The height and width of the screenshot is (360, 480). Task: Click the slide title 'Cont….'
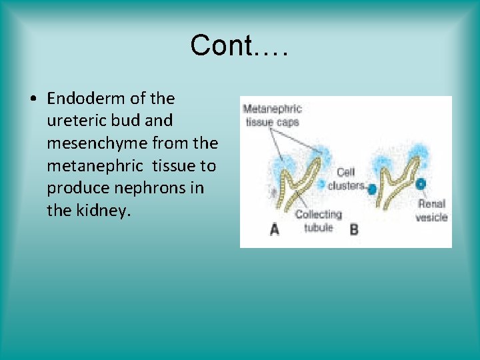(239, 46)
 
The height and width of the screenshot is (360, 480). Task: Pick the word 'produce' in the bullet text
(74, 187)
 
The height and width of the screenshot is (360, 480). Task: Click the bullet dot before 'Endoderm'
(33, 99)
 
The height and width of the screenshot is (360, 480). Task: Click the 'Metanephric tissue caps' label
(272, 115)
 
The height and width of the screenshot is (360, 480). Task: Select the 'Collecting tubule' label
(318, 220)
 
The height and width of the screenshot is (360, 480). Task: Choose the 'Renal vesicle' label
(431, 210)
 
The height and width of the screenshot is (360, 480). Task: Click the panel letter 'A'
(274, 229)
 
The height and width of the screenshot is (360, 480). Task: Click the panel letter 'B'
(354, 229)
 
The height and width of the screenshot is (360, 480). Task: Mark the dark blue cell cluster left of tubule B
(372, 190)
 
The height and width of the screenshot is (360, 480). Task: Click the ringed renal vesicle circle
(421, 183)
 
